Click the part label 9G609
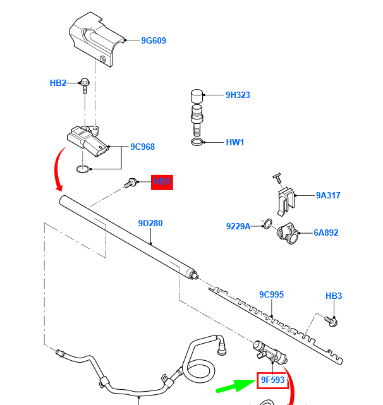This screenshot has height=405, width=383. coord(154,41)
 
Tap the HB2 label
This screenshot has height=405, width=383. coord(58,83)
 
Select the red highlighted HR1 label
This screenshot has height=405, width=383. coord(162,183)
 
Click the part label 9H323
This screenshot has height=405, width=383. coord(238,95)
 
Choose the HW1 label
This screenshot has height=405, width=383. coord(235,143)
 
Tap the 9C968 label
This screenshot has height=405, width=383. coord(142,147)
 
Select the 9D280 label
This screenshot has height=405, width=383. coord(150,223)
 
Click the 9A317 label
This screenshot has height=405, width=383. coord(328,195)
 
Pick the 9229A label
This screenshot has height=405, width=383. coord(238,226)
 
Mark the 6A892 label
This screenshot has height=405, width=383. coord(326,233)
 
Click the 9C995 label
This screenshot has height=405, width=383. coord(271,294)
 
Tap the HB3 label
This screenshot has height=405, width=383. coord(334,296)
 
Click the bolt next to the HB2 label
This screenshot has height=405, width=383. coord(83,86)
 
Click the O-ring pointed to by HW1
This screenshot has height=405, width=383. coord(198,143)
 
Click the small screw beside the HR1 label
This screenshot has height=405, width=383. coord(132,183)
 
